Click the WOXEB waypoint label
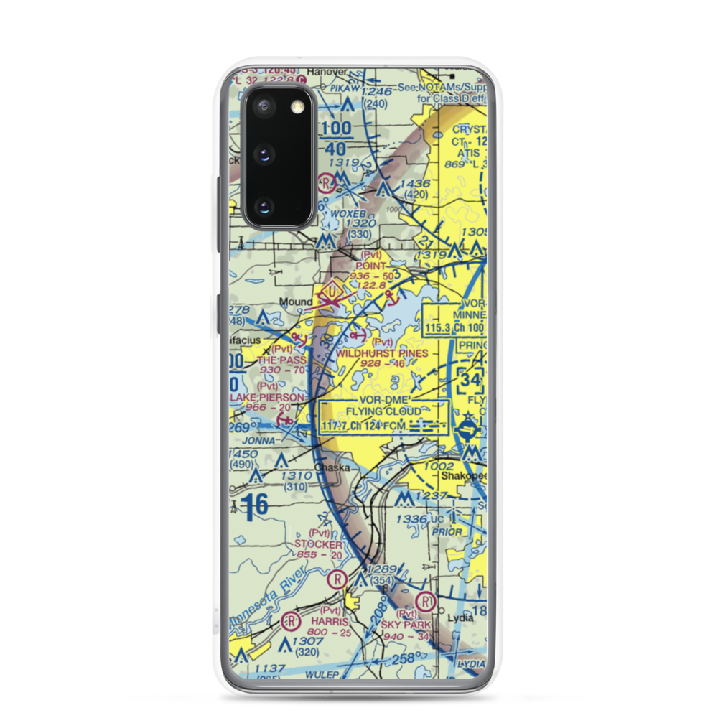click(348, 214)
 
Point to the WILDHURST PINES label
click(382, 353)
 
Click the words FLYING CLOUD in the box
click(383, 411)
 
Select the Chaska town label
click(332, 467)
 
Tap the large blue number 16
click(254, 505)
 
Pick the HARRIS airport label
click(331, 621)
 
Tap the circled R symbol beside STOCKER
click(336, 579)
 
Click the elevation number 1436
click(415, 184)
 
